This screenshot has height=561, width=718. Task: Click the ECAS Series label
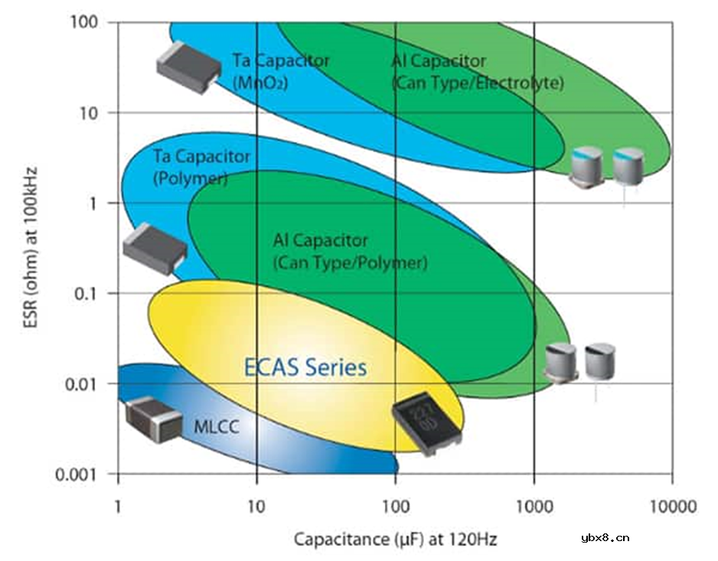point(305,367)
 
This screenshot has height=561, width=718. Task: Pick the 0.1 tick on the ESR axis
point(84,293)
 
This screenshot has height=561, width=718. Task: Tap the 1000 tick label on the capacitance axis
point(534,507)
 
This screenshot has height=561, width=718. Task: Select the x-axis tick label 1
point(118,507)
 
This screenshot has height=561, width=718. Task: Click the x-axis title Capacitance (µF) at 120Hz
point(396,540)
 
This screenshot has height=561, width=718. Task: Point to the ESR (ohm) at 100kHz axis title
point(31,245)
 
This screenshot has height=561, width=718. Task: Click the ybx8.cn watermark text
point(605,537)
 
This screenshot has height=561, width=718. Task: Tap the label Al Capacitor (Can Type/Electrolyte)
point(477,71)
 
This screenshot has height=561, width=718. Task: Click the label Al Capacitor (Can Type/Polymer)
point(350,252)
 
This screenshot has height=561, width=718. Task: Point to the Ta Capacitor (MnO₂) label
point(281,71)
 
